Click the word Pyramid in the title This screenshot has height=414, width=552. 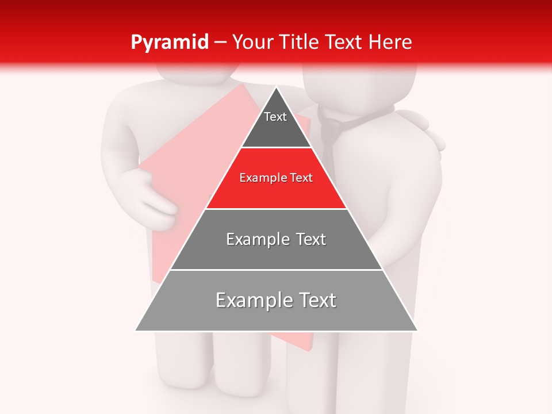tap(170, 43)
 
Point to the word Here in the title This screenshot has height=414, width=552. tap(390, 43)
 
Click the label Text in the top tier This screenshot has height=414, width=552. tap(275, 117)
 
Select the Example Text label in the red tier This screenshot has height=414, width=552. tap(276, 178)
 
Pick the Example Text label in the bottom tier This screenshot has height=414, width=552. tap(276, 300)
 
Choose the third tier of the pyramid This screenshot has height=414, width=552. tap(276, 253)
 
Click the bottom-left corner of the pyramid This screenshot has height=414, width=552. tap(136, 331)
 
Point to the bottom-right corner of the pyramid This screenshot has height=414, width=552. tap(417, 331)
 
